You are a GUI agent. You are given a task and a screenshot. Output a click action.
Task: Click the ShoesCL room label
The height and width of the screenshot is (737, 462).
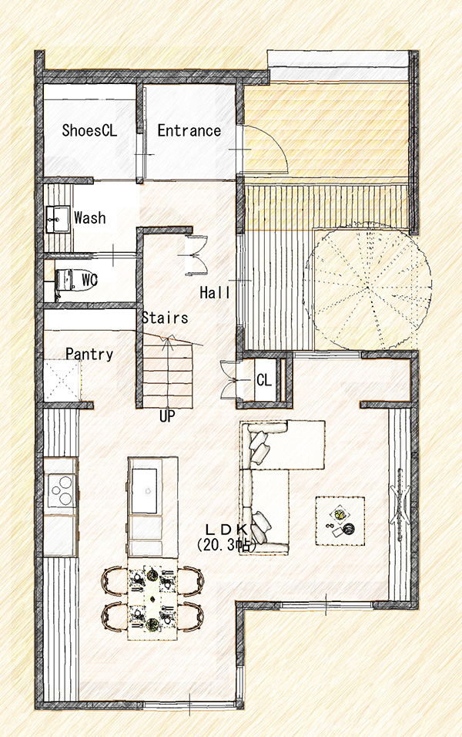tap(89, 130)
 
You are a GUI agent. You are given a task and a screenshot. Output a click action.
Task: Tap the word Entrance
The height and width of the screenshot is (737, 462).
tap(189, 130)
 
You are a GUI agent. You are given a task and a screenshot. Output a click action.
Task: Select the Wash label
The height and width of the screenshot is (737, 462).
tap(89, 217)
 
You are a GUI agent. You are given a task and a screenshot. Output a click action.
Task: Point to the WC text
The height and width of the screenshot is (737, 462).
tap(89, 280)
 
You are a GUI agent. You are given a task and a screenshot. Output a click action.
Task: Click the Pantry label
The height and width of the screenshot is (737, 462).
tap(89, 354)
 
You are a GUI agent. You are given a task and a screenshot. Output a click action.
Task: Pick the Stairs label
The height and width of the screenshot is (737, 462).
tap(165, 318)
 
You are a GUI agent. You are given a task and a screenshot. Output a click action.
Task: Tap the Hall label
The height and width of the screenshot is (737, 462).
tap(215, 292)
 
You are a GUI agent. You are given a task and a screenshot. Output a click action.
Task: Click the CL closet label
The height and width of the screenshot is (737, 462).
tap(264, 379)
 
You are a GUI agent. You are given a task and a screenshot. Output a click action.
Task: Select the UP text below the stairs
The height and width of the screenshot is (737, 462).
tap(167, 416)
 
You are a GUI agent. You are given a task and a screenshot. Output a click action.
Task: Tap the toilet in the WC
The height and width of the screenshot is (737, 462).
tap(65, 280)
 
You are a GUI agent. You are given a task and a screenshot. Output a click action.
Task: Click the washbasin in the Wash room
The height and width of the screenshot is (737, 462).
tap(58, 219)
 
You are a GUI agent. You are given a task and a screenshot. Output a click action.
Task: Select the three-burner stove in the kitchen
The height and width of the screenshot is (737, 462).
tap(62, 490)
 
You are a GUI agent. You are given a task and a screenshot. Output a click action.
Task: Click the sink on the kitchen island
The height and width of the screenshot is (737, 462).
tap(144, 491)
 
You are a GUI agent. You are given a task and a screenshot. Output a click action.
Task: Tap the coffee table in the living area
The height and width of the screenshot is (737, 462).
tap(340, 521)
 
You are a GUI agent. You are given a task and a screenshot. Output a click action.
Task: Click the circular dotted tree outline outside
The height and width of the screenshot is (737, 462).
tap(369, 287)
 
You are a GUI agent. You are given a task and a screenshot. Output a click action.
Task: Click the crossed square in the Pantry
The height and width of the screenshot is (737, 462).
tap(62, 380)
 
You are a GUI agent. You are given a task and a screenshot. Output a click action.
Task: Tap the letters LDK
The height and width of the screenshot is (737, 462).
tap(227, 530)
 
